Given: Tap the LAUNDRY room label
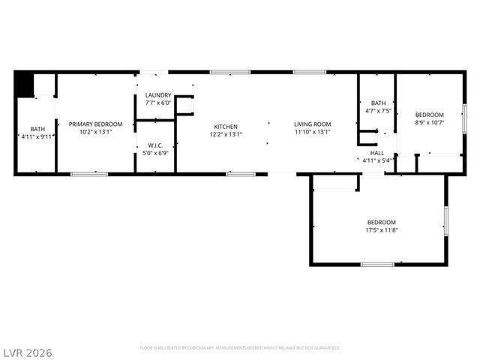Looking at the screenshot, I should (x=158, y=95).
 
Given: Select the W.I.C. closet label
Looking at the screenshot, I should (x=156, y=145).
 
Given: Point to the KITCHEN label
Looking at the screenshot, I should (x=226, y=126).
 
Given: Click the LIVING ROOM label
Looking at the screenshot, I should (x=312, y=124).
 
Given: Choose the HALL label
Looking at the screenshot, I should (x=377, y=153).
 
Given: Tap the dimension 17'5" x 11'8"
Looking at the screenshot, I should (x=382, y=229).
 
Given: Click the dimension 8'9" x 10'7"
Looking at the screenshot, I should (x=430, y=122).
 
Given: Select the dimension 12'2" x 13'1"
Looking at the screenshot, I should (x=226, y=132).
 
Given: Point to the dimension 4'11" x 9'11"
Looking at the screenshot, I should (x=37, y=136).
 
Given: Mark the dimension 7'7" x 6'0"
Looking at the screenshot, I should (x=158, y=103).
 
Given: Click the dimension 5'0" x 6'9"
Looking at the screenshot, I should (x=156, y=153).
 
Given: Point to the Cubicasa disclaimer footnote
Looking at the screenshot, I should (x=239, y=348).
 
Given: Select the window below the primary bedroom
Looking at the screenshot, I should (x=88, y=174).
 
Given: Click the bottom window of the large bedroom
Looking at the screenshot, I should (x=377, y=264).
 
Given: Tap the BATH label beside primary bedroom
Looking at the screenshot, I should (x=37, y=129).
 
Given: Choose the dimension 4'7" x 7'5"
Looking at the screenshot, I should (x=378, y=111).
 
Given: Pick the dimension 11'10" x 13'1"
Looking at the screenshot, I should (x=312, y=132).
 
